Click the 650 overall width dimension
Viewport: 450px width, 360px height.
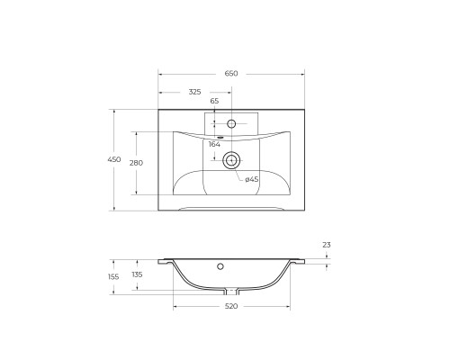230,73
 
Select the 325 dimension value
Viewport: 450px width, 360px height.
194,92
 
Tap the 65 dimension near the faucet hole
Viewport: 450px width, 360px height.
214,102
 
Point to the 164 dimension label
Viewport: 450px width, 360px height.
214,144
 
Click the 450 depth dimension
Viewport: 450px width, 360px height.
114,159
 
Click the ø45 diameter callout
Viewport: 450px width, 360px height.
252,179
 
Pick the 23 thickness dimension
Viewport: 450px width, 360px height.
327,245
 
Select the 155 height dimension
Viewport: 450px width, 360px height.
114,275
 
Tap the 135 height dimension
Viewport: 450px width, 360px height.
137,275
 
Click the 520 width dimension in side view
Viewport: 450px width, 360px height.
230,307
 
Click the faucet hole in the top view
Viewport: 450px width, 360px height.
231,122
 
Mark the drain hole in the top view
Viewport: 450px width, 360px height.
231,161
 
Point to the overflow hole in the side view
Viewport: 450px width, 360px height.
220,266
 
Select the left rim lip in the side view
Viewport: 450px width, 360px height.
166,262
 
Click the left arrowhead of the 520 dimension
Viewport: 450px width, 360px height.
175,307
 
